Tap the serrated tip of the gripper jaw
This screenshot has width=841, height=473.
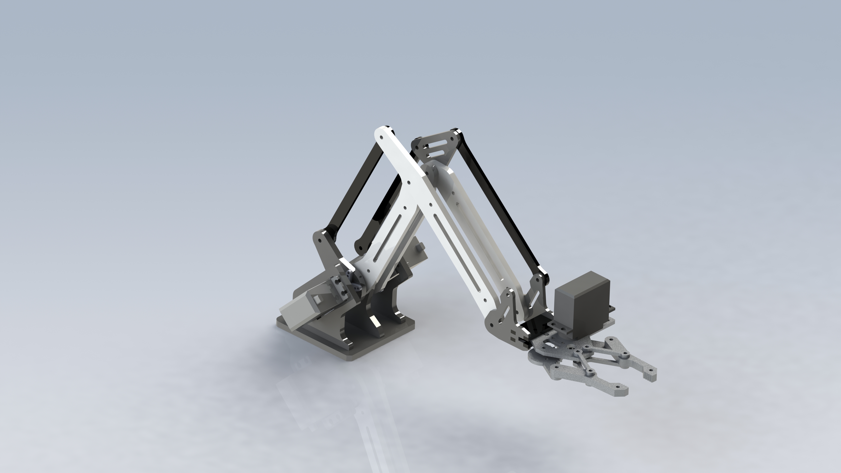(650, 377)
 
